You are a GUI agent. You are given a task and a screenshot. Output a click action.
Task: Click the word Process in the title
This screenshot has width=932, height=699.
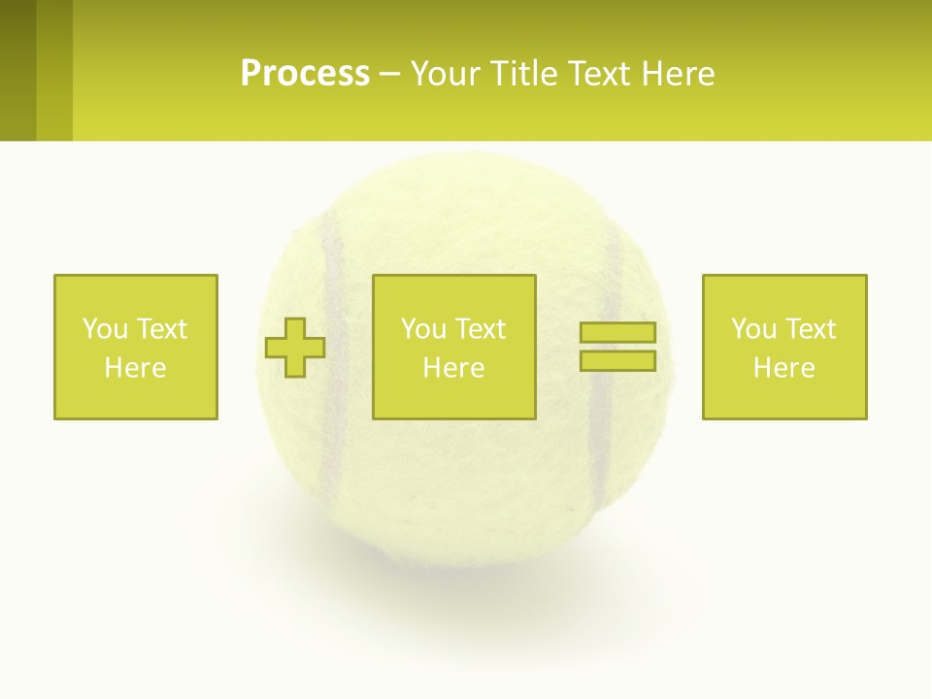pyautogui.click(x=305, y=74)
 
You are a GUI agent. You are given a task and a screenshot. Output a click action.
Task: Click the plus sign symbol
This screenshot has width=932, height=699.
pyautogui.click(x=295, y=348)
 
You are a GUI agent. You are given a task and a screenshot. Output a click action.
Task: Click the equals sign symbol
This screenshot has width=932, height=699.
pyautogui.click(x=617, y=347)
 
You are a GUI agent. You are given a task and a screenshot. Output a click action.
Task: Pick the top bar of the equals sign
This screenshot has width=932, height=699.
pyautogui.click(x=617, y=333)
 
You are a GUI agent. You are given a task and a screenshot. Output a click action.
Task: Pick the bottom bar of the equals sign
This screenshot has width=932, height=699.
pyautogui.click(x=617, y=360)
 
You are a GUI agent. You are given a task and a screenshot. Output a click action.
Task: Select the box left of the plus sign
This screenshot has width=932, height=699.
pyautogui.click(x=136, y=347)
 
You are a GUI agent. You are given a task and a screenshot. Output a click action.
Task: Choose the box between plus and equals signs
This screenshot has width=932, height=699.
pyautogui.click(x=454, y=347)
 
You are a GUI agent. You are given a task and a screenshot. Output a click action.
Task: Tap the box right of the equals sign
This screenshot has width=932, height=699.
pyautogui.click(x=784, y=347)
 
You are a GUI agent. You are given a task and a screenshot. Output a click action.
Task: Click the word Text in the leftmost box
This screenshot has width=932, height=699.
pyautogui.click(x=162, y=329)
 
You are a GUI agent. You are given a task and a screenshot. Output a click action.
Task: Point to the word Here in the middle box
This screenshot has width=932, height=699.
pyautogui.click(x=454, y=368)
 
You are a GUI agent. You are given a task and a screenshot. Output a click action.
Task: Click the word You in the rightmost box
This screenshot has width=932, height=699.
pyautogui.click(x=753, y=329)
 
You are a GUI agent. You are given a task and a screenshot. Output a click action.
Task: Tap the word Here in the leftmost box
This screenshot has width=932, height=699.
pyautogui.click(x=136, y=368)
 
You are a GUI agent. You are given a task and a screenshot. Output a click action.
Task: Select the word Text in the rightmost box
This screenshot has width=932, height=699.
pyautogui.click(x=811, y=329)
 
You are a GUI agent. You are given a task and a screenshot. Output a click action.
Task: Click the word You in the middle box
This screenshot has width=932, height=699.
pyautogui.click(x=423, y=329)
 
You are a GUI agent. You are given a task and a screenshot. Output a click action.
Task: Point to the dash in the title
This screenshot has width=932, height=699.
pyautogui.click(x=390, y=74)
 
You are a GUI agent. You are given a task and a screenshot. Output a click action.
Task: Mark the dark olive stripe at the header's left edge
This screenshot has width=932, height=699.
pyautogui.click(x=17, y=70)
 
